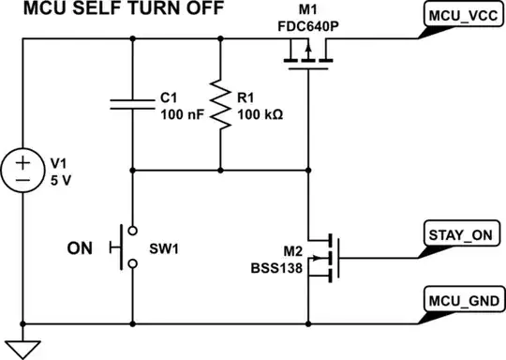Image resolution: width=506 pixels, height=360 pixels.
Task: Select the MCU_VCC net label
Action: (x=462, y=17)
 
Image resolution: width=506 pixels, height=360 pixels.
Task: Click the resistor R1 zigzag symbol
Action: (x=220, y=105)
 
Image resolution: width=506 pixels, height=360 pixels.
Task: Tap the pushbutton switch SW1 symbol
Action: (x=126, y=247)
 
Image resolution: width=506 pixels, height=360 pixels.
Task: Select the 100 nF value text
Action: (x=177, y=113)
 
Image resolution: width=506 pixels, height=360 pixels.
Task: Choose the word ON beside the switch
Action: (x=82, y=248)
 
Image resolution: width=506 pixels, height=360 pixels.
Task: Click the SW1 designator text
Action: (x=164, y=248)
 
